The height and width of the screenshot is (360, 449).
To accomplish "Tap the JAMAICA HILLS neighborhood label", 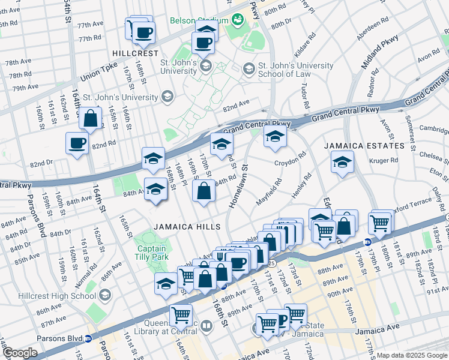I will [x=187, y=226].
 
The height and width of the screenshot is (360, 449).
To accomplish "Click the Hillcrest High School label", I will [x=64, y=295].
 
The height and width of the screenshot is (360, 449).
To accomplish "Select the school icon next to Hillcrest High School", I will [x=106, y=295].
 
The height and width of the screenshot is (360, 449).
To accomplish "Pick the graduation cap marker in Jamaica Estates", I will [x=342, y=162].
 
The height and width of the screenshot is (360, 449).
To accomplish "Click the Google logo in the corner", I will [x=20, y=353].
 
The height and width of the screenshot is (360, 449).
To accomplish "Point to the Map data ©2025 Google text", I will [x=412, y=355].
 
